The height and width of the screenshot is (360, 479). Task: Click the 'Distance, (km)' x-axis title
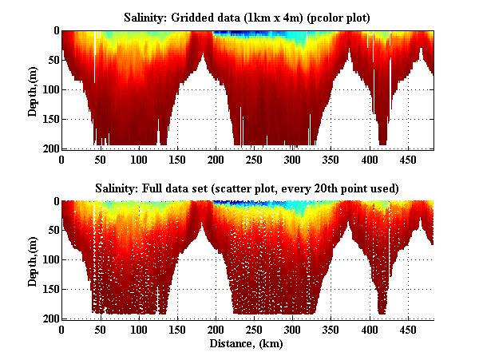pyautogui.click(x=248, y=344)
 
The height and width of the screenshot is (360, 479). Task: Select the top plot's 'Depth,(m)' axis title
pyautogui.click(x=33, y=91)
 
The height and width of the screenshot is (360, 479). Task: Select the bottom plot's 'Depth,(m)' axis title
pyautogui.click(x=33, y=260)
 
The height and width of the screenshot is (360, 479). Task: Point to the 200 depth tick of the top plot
pyautogui.click(x=50, y=149)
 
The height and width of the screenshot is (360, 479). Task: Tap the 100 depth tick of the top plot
pyautogui.click(x=50, y=89)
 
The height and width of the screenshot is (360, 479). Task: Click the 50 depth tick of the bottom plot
pyautogui.click(x=53, y=230)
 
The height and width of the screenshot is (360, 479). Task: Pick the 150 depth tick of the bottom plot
pyautogui.click(x=50, y=289)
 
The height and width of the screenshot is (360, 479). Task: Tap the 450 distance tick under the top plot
pyautogui.click(x=370, y=160)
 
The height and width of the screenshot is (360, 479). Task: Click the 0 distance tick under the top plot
pyautogui.click(x=62, y=160)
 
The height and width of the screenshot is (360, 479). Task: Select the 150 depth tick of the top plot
pyautogui.click(x=50, y=120)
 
